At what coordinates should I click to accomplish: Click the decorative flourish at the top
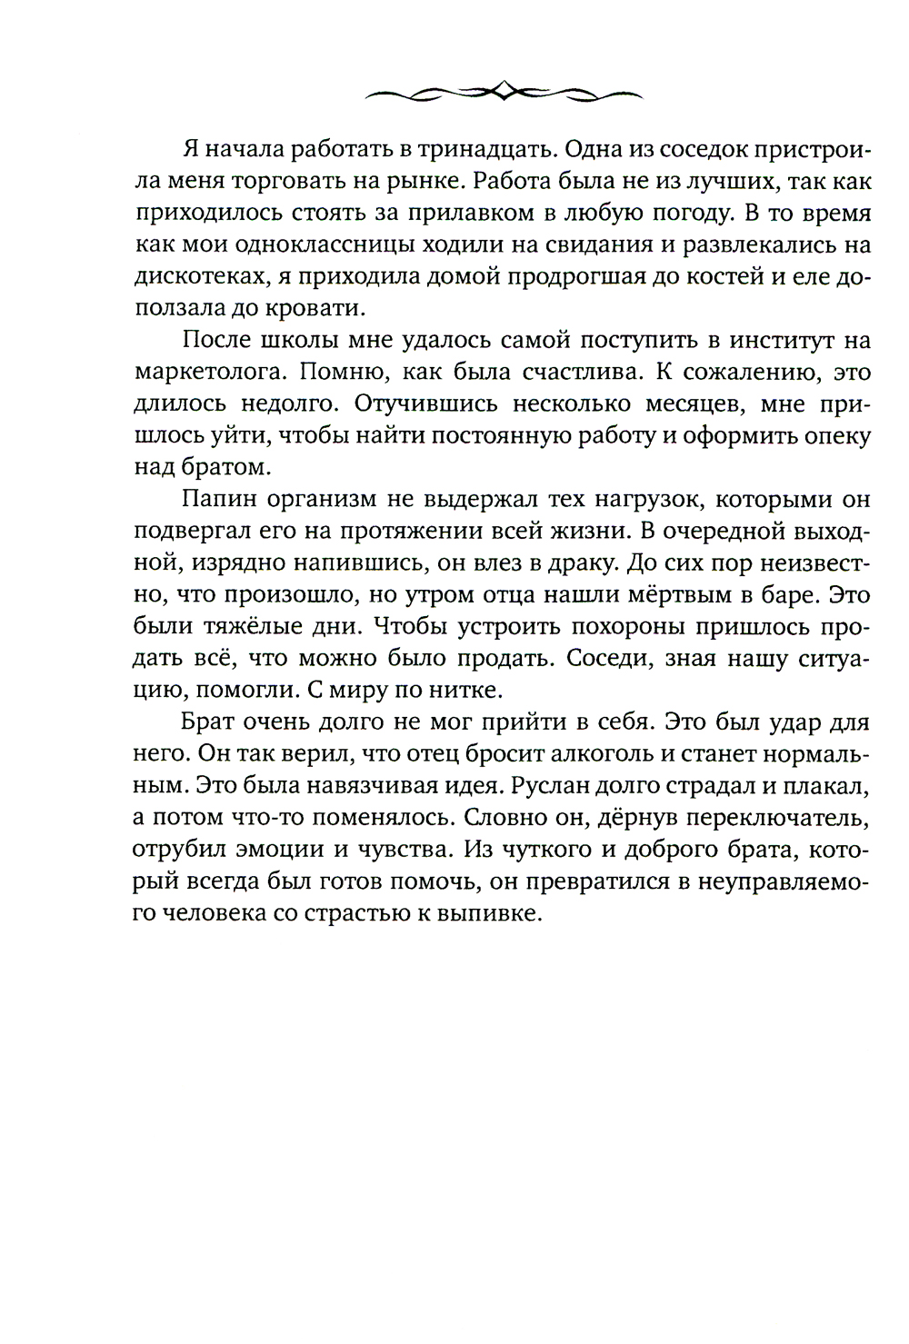tap(503, 90)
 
